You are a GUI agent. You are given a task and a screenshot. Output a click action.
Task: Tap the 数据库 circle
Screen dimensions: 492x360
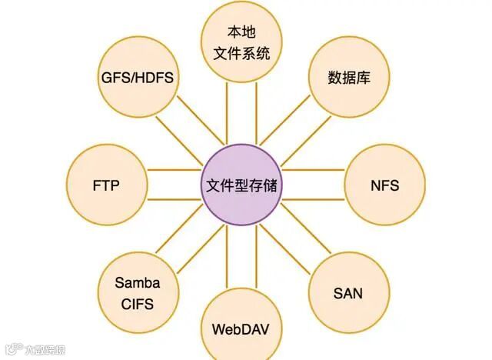(346, 78)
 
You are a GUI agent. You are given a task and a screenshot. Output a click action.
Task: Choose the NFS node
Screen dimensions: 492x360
(384, 186)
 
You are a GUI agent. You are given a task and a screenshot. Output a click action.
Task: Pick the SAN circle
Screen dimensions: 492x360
(347, 293)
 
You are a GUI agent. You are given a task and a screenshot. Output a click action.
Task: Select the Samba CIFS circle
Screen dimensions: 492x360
(137, 293)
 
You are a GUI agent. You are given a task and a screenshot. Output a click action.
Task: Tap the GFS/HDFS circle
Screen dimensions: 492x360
(136, 78)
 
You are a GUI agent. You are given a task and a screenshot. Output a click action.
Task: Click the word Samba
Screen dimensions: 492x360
(137, 282)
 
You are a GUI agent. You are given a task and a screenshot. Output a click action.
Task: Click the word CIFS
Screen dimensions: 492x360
(137, 304)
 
